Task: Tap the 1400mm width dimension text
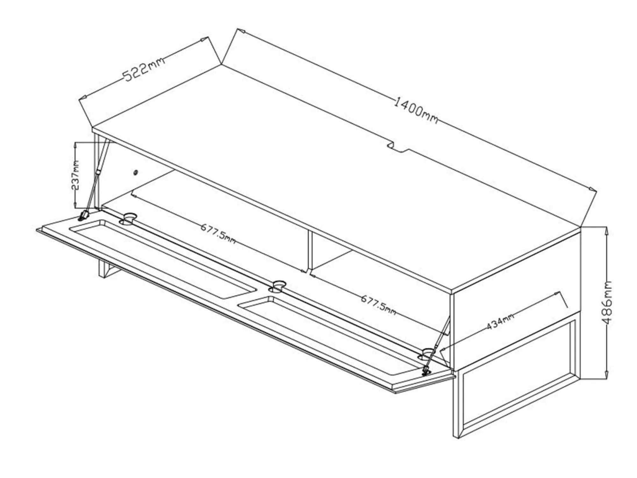416,111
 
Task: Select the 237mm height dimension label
76,175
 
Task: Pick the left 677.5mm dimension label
218,233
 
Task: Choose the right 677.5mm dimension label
378,305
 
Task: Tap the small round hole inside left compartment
135,173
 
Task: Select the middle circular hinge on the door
278,286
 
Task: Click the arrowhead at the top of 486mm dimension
606,230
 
